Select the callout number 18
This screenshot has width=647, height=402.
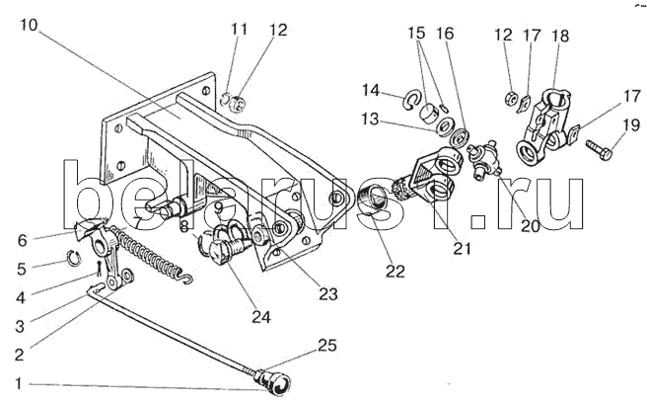point(560,36)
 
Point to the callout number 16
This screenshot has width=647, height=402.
point(445,33)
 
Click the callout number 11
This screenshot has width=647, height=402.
point(237,30)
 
